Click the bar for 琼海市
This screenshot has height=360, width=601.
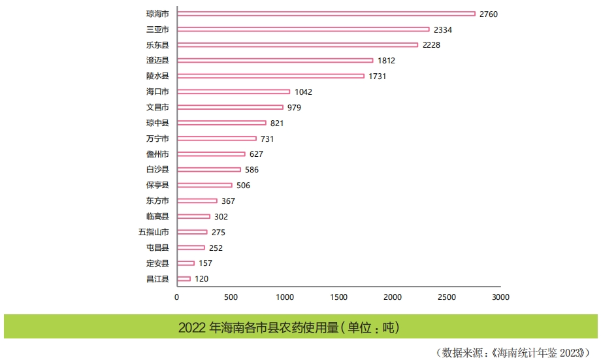tap(326, 14)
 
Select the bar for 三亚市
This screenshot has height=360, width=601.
tap(303, 29)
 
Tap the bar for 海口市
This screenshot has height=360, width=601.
tap(233, 91)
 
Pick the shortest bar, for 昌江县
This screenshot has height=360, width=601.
tap(184, 279)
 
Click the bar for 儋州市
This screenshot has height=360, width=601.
tap(211, 154)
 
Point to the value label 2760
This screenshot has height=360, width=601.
tap(489, 14)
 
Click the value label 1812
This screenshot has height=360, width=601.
tap(386, 61)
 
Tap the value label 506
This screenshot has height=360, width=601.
tap(243, 186)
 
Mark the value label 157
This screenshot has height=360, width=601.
tap(205, 263)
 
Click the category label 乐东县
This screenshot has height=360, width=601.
tap(157, 45)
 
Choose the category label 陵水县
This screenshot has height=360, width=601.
tap(157, 76)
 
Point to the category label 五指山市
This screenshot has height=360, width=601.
tap(154, 232)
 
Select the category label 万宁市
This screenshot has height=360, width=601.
tap(157, 139)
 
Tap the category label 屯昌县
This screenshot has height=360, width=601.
tap(157, 248)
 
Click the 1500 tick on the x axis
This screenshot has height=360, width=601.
tap(338, 297)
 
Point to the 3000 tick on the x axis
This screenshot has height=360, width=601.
tap(500, 297)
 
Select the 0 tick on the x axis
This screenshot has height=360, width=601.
tap(176, 297)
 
